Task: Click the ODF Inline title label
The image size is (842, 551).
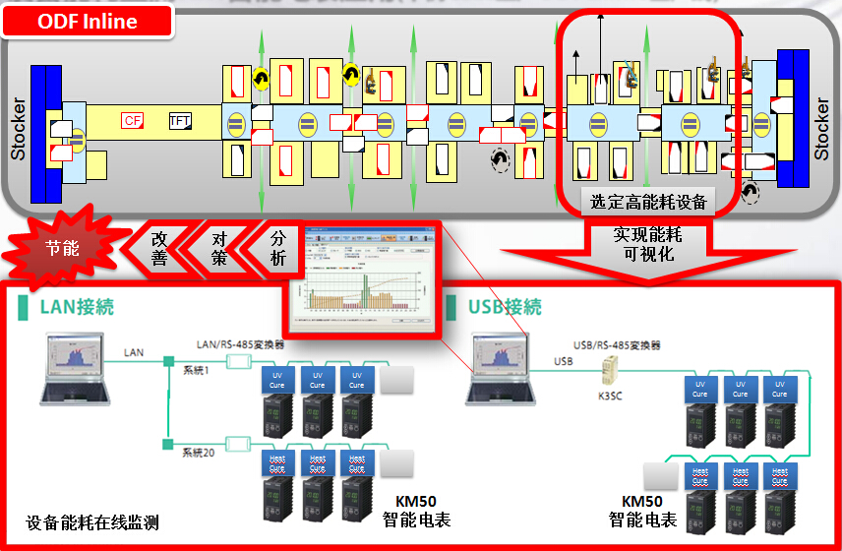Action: pos(89,21)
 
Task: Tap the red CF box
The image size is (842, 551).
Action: pos(133,120)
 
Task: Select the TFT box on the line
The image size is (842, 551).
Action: pos(180,120)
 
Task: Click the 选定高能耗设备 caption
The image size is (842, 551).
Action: pos(648,202)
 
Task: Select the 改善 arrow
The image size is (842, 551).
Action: pos(160,249)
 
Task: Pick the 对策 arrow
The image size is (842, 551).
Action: pos(218,249)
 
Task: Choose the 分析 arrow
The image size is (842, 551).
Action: pos(277,249)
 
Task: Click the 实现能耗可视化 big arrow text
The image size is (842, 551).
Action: pos(647,245)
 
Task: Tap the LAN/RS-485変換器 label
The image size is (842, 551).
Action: pos(240,344)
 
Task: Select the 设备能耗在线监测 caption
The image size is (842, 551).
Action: pos(92,521)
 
